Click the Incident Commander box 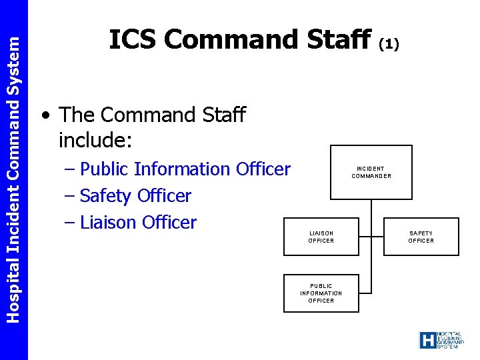371,172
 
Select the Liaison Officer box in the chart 321,237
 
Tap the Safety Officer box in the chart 421,237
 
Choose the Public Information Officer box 321,293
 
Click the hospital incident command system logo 441,340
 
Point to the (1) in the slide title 389,44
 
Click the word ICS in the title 133,40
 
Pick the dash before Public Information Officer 69,169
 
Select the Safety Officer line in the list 135,196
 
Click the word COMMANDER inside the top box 371,176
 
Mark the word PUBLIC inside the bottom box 321,286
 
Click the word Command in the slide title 229,40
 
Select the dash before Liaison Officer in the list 69,223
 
